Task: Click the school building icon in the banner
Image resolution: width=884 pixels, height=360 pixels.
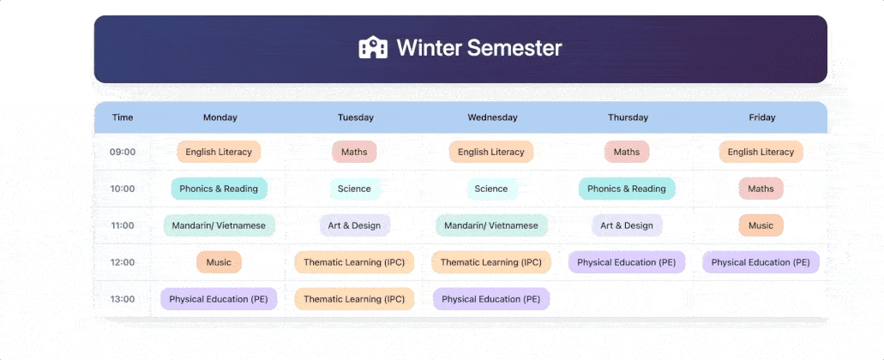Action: click(x=373, y=47)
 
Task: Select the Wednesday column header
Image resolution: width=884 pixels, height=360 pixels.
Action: click(x=492, y=117)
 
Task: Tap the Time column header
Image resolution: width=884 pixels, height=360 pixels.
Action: click(x=123, y=117)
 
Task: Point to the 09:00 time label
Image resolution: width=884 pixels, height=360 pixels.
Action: click(x=123, y=152)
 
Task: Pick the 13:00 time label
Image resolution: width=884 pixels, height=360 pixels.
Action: click(x=123, y=299)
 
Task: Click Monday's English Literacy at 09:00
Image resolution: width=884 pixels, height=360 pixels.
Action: click(x=219, y=152)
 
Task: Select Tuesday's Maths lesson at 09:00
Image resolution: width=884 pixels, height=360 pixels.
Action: click(x=355, y=152)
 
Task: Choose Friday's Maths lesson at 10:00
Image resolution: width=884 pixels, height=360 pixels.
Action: click(x=761, y=189)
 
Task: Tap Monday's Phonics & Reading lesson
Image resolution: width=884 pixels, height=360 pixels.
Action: click(x=219, y=189)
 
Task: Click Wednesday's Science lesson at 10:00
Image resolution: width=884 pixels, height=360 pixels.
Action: click(x=491, y=189)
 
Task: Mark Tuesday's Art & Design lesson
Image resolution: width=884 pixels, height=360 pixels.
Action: click(x=355, y=225)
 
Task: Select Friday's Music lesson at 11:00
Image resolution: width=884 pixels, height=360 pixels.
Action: click(x=761, y=225)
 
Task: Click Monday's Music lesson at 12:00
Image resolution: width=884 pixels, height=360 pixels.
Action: click(x=219, y=262)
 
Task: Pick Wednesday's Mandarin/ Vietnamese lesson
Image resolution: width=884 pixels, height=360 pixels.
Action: click(x=491, y=225)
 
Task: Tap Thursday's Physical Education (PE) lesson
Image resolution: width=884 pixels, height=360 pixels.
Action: click(x=627, y=262)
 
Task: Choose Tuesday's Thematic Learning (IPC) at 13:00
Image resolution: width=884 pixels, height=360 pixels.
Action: click(x=354, y=299)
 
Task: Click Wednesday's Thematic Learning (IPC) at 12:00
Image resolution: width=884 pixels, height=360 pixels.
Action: click(x=491, y=262)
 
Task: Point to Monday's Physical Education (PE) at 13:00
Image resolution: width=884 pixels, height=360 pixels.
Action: click(x=219, y=299)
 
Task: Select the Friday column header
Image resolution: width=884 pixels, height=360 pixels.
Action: click(x=762, y=117)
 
